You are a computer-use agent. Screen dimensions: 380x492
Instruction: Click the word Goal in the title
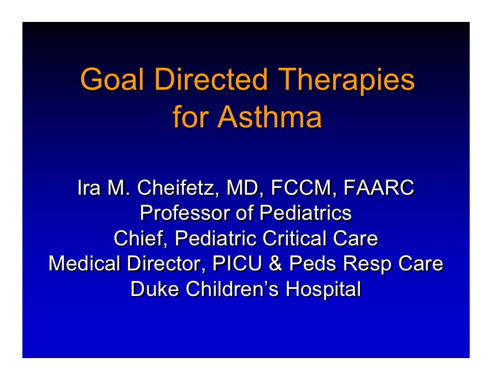[x=108, y=81]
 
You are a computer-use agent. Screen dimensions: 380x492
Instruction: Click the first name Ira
[x=89, y=188]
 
